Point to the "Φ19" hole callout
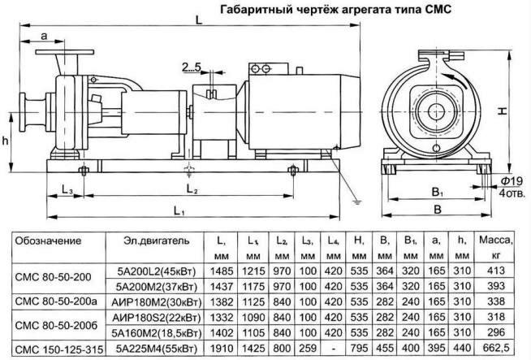(x=511, y=179)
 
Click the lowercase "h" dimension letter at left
(x=6, y=139)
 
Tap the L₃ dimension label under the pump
(x=68, y=189)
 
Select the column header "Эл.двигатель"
(x=158, y=241)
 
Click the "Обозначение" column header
(x=50, y=241)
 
